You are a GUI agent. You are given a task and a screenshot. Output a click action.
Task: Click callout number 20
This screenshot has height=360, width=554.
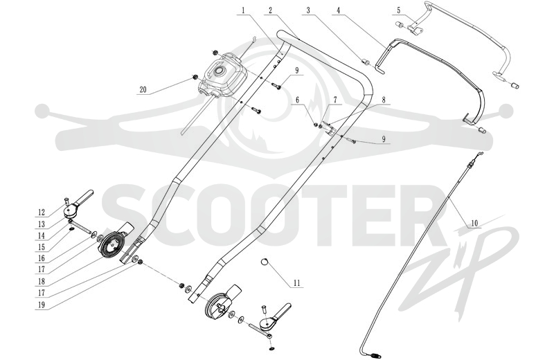[143, 90]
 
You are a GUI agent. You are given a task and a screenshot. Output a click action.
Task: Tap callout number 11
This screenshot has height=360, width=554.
[296, 283]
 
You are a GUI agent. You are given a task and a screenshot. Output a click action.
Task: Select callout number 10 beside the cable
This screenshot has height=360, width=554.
[474, 224]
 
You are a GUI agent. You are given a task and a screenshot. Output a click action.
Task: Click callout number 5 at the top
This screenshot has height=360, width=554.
[399, 10]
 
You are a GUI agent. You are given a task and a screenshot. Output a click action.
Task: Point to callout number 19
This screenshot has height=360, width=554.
[42, 305]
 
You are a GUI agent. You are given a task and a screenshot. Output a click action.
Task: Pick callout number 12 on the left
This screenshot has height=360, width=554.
[42, 213]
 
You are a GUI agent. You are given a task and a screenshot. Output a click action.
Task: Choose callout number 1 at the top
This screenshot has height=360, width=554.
[243, 10]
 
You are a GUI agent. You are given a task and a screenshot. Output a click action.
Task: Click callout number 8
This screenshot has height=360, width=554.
[384, 100]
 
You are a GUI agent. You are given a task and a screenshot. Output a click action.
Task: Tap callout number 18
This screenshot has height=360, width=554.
[42, 282]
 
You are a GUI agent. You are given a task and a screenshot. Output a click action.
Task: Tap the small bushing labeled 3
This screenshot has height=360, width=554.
[366, 62]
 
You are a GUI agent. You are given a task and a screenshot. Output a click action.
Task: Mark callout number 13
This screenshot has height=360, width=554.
[42, 224]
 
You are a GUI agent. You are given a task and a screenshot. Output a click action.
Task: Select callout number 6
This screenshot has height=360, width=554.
[297, 100]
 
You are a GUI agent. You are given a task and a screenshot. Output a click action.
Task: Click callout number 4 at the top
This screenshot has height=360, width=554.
[338, 10]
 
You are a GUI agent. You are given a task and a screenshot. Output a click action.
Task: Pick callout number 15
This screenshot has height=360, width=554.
[42, 247]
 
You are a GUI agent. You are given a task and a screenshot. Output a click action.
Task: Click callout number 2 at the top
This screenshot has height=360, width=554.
[270, 10]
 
